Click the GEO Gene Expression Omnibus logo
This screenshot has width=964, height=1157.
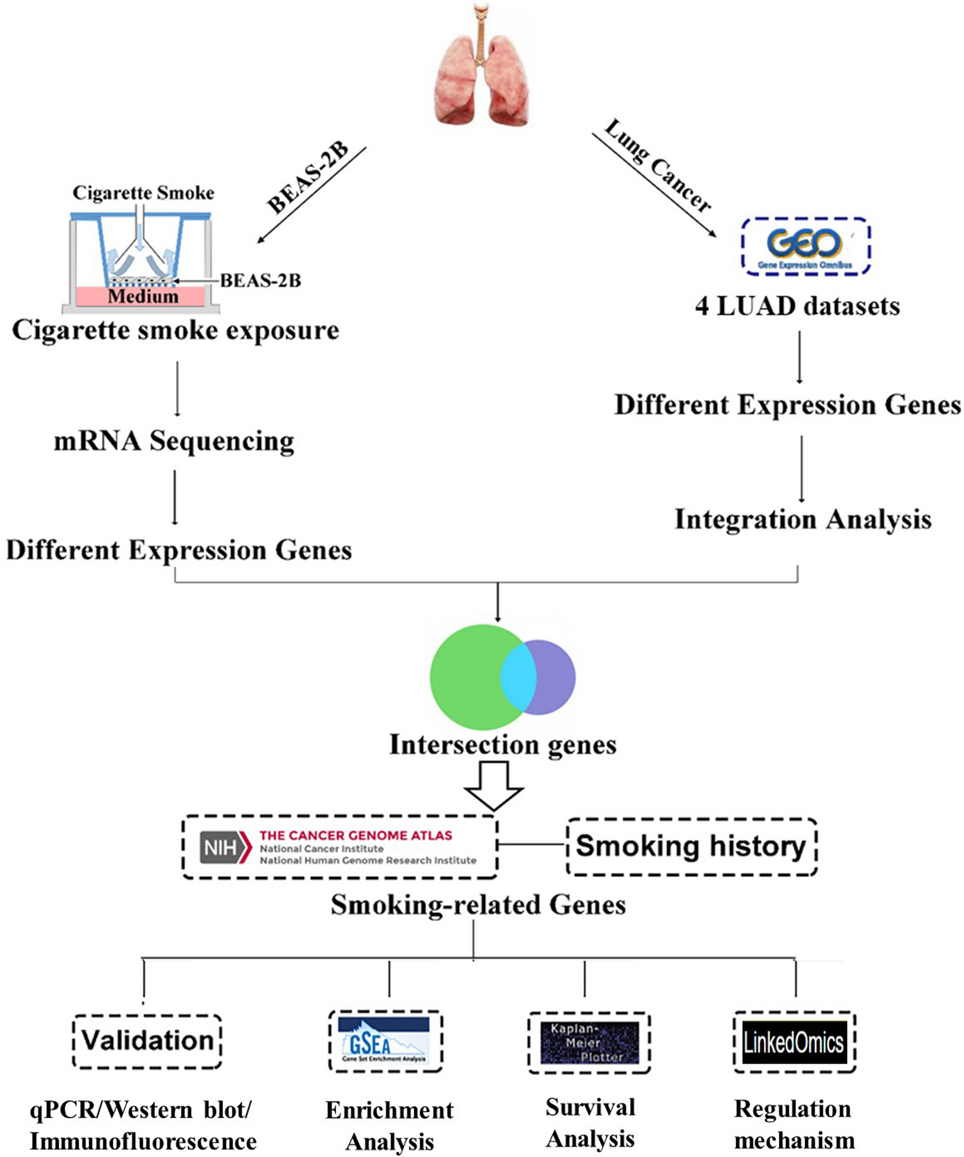pos(805,246)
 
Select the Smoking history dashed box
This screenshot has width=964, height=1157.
pos(691,846)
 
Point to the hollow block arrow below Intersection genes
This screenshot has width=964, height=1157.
pos(493,785)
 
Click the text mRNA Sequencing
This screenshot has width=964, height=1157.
pos(174,441)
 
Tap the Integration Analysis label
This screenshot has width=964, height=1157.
pos(803,519)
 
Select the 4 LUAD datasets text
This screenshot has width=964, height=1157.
pos(797,306)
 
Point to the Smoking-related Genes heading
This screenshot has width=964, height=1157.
pos(478,905)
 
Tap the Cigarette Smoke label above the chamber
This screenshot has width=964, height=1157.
pos(143,193)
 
